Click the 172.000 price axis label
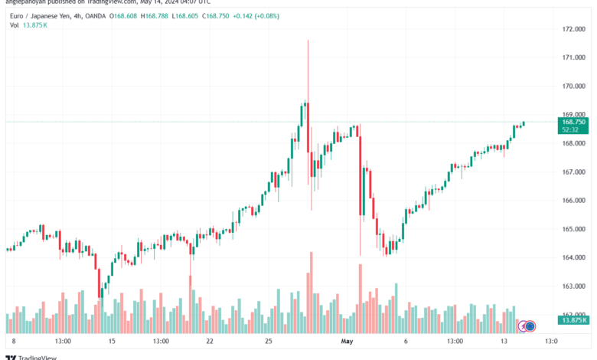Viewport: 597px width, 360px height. tap(573, 29)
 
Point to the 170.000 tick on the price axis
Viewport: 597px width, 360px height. tap(573, 86)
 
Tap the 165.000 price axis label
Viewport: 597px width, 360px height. tap(573, 229)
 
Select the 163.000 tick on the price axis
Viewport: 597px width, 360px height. tap(573, 286)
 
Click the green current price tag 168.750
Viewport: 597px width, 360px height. tap(574, 122)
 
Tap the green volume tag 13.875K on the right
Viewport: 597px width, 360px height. tap(574, 319)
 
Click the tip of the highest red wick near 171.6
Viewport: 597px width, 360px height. tap(308, 41)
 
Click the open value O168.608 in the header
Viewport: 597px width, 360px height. tap(122, 15)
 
